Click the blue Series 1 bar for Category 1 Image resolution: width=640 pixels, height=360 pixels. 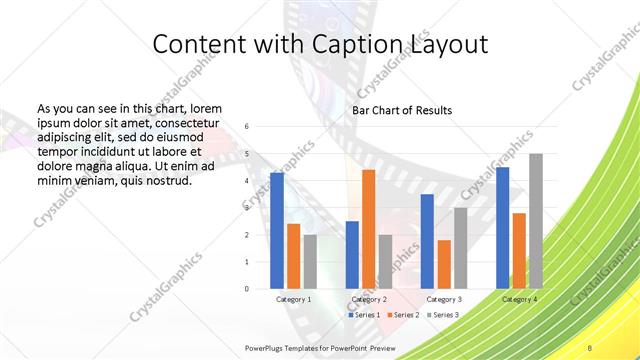277,230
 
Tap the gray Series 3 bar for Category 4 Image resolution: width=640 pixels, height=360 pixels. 536,221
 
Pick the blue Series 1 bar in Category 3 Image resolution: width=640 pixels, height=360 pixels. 427,241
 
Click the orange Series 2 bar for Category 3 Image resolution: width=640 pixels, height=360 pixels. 444,264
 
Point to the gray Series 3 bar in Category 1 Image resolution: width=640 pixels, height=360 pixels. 310,261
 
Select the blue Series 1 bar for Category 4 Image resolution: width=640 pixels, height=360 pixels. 502,228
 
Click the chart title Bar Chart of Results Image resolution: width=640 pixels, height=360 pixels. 402,110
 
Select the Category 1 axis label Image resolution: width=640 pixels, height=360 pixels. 293,299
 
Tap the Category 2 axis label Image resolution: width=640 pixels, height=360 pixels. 369,299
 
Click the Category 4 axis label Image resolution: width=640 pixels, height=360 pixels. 519,299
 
